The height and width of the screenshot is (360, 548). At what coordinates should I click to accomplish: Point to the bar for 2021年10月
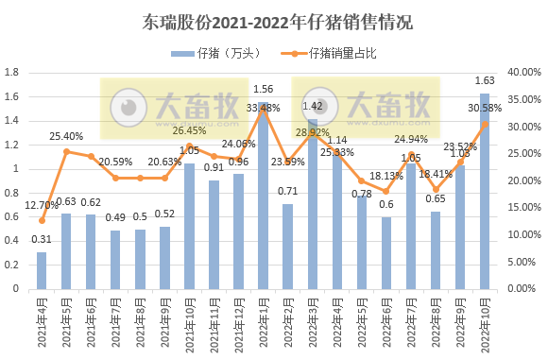coord(189,226)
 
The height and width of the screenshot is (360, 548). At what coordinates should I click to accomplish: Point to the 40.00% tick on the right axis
coord(522,72)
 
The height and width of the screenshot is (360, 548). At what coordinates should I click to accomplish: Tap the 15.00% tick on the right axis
coord(522,208)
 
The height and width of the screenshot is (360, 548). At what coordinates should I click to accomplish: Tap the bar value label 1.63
coord(485,80)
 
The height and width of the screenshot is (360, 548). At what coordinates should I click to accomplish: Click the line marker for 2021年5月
coord(66,151)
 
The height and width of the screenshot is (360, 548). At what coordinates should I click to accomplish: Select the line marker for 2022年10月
coord(485,124)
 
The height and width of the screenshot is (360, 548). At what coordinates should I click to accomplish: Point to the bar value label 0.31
coord(41,240)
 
